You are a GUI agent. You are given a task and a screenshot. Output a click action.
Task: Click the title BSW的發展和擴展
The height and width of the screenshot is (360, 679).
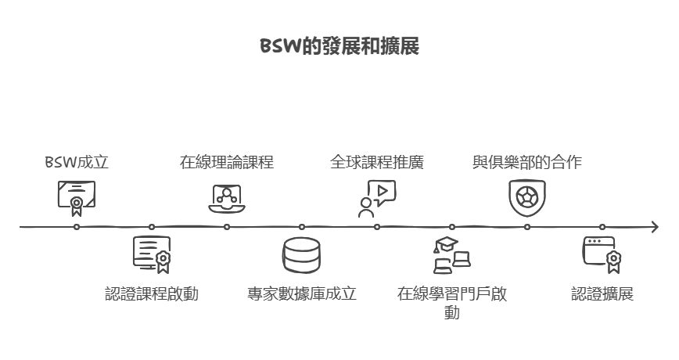point(339,47)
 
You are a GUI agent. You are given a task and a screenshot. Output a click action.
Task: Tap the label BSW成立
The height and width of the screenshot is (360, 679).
point(76,163)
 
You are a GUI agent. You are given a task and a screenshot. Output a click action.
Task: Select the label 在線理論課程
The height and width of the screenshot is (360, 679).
point(227,163)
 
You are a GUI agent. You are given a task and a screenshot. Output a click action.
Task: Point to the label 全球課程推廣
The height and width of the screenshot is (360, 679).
point(377,163)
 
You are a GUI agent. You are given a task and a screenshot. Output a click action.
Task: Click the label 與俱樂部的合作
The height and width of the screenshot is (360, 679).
point(527,163)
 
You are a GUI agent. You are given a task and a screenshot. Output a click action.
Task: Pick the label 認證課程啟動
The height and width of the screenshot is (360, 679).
point(152,294)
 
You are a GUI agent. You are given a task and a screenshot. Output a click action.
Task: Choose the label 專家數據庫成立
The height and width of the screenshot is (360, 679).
point(302,294)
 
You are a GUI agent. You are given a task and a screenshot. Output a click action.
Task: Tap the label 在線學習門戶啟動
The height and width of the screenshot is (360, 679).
point(452,303)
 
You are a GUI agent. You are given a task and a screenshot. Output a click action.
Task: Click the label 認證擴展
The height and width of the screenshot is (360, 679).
point(602,294)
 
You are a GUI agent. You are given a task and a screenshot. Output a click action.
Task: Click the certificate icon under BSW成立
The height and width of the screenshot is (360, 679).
point(76,197)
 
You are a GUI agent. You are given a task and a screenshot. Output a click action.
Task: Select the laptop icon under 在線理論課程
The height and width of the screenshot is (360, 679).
point(227,198)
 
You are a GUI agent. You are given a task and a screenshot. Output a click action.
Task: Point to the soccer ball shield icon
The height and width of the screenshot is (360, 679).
point(527,197)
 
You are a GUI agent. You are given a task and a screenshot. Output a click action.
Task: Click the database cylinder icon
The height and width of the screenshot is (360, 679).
point(302,255)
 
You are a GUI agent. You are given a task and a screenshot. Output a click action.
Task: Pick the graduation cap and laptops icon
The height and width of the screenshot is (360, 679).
point(452,255)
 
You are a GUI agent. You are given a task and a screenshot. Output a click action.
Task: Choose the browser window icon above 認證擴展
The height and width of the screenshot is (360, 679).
point(602,254)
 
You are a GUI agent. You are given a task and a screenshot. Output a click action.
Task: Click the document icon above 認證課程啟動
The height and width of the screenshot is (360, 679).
point(152,254)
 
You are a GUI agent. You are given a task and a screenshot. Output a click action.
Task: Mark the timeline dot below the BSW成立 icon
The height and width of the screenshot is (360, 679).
point(77,227)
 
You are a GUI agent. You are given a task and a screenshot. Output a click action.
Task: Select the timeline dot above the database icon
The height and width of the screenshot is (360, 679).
point(302,227)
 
